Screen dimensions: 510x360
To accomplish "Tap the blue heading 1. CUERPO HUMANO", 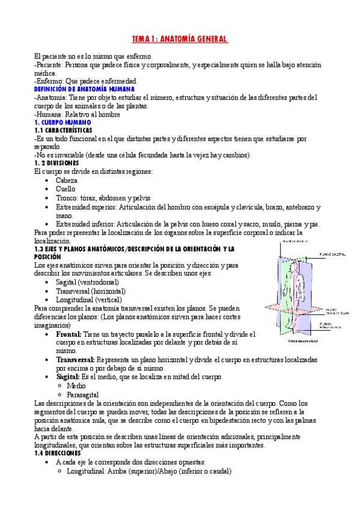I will click(x=63, y=121).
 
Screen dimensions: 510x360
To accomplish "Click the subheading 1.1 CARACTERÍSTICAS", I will click(x=64, y=130).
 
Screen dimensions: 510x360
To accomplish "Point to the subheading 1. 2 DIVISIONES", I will click(x=61, y=163).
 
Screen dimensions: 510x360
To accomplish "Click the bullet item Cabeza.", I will click(x=67, y=180).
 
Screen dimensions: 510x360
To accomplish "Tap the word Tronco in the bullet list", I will click(x=67, y=198).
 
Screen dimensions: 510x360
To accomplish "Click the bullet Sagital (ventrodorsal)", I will click(x=87, y=281).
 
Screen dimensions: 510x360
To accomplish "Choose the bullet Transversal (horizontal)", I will click(x=91, y=290).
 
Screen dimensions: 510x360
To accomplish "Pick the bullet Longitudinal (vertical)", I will click(x=88, y=299).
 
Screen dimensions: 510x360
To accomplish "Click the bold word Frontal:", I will click(x=69, y=333).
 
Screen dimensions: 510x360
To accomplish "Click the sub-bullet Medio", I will click(x=76, y=386).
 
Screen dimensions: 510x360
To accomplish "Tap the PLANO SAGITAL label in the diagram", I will click(x=334, y=253).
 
